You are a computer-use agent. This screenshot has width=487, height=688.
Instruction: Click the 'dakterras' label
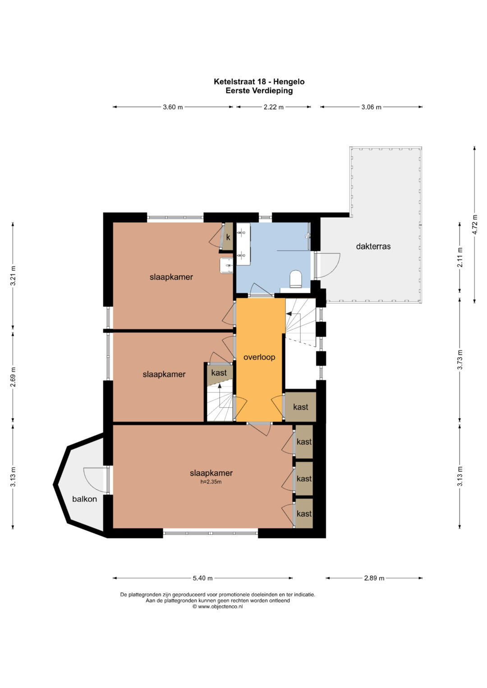tap(373, 246)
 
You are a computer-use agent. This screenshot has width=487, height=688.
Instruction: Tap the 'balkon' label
tap(85, 499)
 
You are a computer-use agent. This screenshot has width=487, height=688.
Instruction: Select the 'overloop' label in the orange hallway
tap(259, 357)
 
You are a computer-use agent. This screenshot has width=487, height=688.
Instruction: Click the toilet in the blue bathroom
tap(296, 278)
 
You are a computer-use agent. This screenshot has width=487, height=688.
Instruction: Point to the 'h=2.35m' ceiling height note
tap(211, 482)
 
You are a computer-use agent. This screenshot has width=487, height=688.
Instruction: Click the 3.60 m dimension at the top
tap(172, 107)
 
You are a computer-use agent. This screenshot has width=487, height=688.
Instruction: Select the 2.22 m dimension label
tap(274, 107)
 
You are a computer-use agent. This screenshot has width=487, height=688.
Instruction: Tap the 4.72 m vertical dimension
tap(475, 225)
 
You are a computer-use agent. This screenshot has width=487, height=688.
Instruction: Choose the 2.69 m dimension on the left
tap(13, 377)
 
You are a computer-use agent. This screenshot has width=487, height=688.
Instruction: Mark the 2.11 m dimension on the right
tap(460, 257)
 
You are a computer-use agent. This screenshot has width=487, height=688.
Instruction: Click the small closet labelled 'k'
tap(228, 237)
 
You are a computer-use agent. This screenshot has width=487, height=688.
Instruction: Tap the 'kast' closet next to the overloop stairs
tap(301, 407)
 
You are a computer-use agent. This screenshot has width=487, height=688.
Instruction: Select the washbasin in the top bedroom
tap(226, 265)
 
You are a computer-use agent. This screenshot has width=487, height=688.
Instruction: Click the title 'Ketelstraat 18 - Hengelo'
tap(259, 82)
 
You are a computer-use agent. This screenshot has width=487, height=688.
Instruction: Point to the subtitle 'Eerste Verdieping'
tap(259, 91)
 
